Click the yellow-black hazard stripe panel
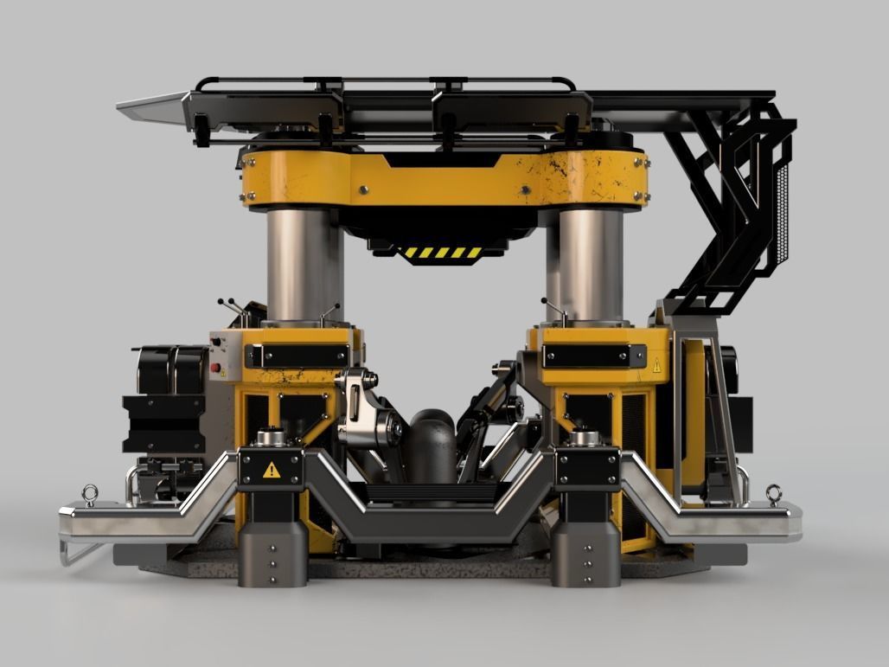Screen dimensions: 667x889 pos(444,253)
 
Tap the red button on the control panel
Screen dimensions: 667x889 pos(215,367)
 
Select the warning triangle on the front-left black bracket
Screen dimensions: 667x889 pos(272,470)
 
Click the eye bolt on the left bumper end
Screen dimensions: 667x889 pos(89,496)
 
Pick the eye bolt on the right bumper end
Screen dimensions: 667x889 pos(774,495)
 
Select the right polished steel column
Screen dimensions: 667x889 pos(591,264)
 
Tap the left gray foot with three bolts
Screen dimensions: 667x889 pos(272,554)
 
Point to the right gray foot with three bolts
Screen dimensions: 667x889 pos(585,554)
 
